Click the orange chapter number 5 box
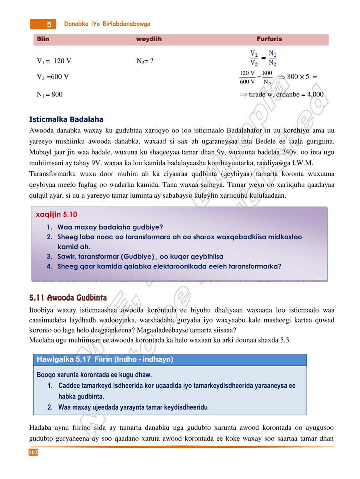pyautogui.click(x=43, y=24)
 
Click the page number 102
pyautogui.click(x=33, y=452)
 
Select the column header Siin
pyautogui.click(x=43, y=39)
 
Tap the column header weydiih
pyautogui.click(x=149, y=39)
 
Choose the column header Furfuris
pyautogui.click(x=269, y=39)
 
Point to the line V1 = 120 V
pyautogui.click(x=54, y=61)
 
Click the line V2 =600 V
pyautogui.click(x=53, y=77)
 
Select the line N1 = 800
pyautogui.click(x=50, y=95)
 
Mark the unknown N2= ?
pyautogui.click(x=145, y=61)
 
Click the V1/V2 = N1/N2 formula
pyautogui.click(x=263, y=58)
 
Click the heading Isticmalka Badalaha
pyautogui.click(x=66, y=119)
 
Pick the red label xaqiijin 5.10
pyautogui.click(x=56, y=214)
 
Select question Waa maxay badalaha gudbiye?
pyautogui.click(x=110, y=227)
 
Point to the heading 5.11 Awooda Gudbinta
pyautogui.click(x=68, y=298)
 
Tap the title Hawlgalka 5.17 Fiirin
pyautogui.click(x=105, y=360)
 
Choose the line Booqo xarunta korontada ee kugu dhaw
pyautogui.click(x=94, y=375)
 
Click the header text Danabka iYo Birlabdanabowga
pyautogui.click(x=107, y=24)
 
